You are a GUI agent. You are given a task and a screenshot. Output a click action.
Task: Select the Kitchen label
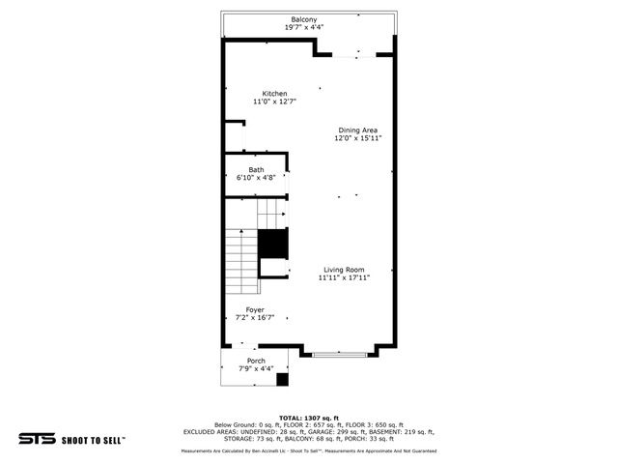coord(274,94)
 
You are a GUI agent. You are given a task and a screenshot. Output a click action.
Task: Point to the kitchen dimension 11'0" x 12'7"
coord(274,101)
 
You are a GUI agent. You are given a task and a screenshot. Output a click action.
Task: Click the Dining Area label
coord(357,130)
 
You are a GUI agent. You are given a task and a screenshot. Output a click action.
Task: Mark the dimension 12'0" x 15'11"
coord(357,138)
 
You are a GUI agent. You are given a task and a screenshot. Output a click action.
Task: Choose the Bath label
coord(256,170)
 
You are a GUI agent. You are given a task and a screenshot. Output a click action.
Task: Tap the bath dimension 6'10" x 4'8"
coord(256,178)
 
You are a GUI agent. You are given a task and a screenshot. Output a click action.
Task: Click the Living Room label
coord(344,269)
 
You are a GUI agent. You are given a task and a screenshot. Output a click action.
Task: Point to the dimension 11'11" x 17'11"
coord(344,277)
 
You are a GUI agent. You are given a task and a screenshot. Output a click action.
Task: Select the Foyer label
coord(255,309)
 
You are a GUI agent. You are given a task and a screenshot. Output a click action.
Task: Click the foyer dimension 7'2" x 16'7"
coord(255,318)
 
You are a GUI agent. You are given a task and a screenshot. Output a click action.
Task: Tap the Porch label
coord(256,361)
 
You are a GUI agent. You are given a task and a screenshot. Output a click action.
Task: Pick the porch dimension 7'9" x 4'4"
coord(256,368)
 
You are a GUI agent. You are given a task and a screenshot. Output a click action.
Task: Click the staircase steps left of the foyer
coord(240,262)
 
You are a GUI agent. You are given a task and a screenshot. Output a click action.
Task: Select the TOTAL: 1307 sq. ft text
coord(308,417)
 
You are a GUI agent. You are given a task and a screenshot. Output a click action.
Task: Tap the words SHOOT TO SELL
coord(95,438)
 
